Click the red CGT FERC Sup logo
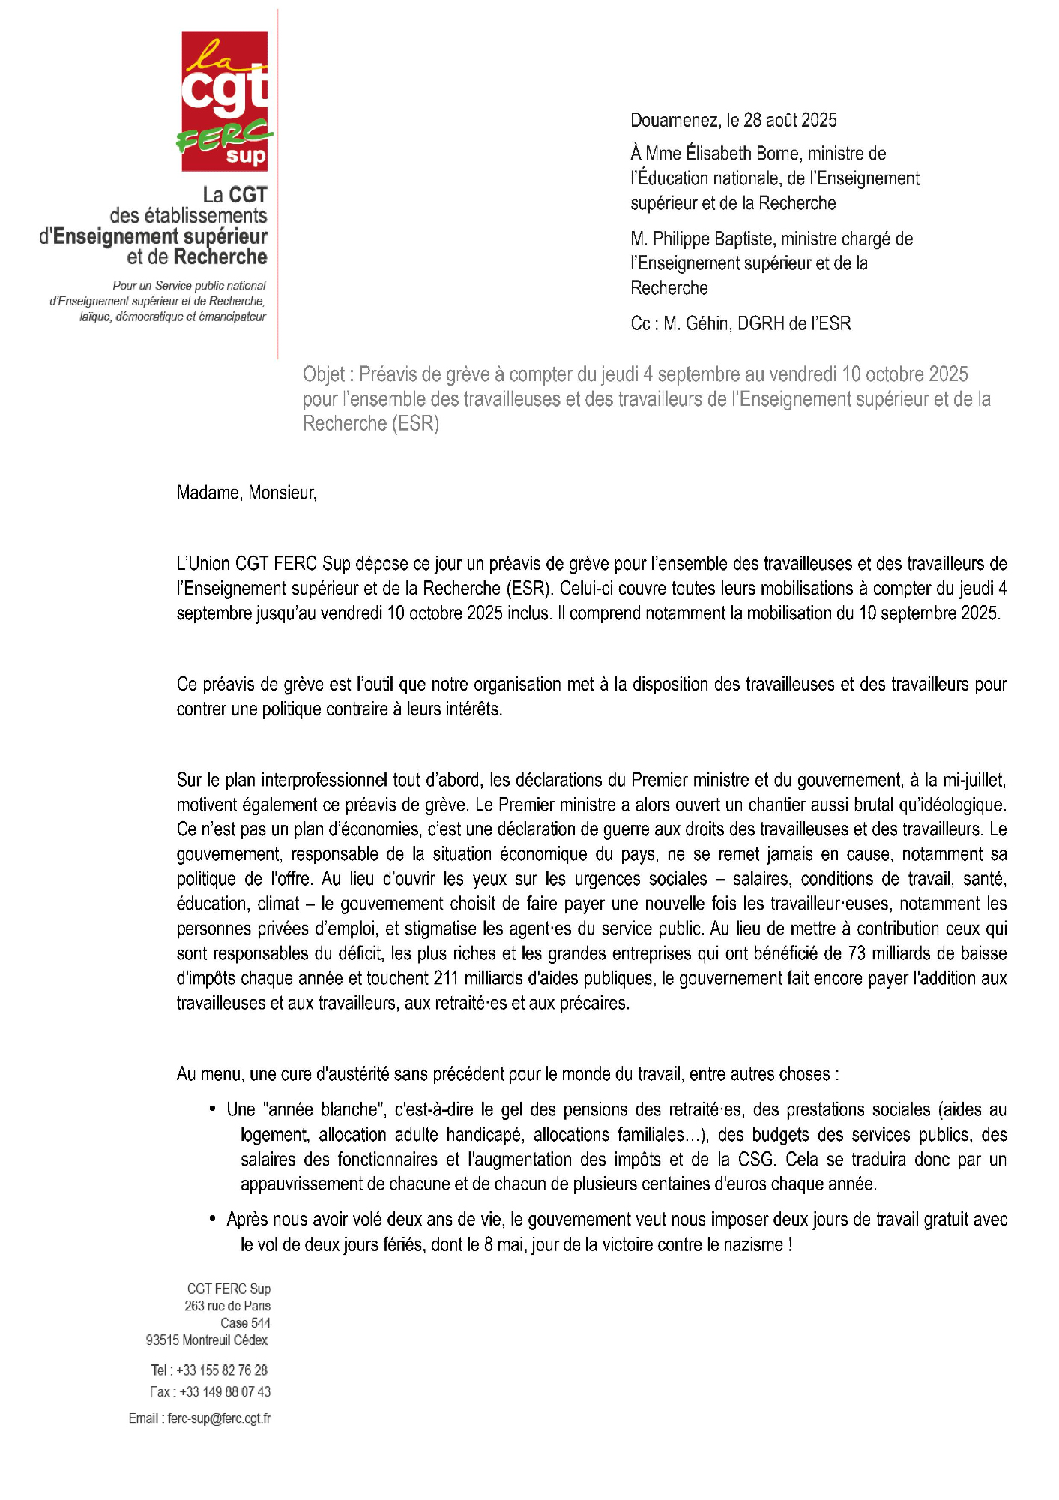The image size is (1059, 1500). [x=225, y=101]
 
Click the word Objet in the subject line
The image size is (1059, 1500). [x=324, y=374]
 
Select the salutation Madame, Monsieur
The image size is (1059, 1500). [x=247, y=493]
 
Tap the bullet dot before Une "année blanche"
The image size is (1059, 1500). [x=214, y=1108]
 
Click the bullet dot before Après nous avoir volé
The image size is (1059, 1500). [x=214, y=1219]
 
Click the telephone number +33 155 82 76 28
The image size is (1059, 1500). [x=222, y=1370]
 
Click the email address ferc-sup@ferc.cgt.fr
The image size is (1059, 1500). [x=219, y=1418]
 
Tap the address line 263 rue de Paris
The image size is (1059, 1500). [x=227, y=1306]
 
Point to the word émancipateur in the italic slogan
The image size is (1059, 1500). [x=232, y=316]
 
